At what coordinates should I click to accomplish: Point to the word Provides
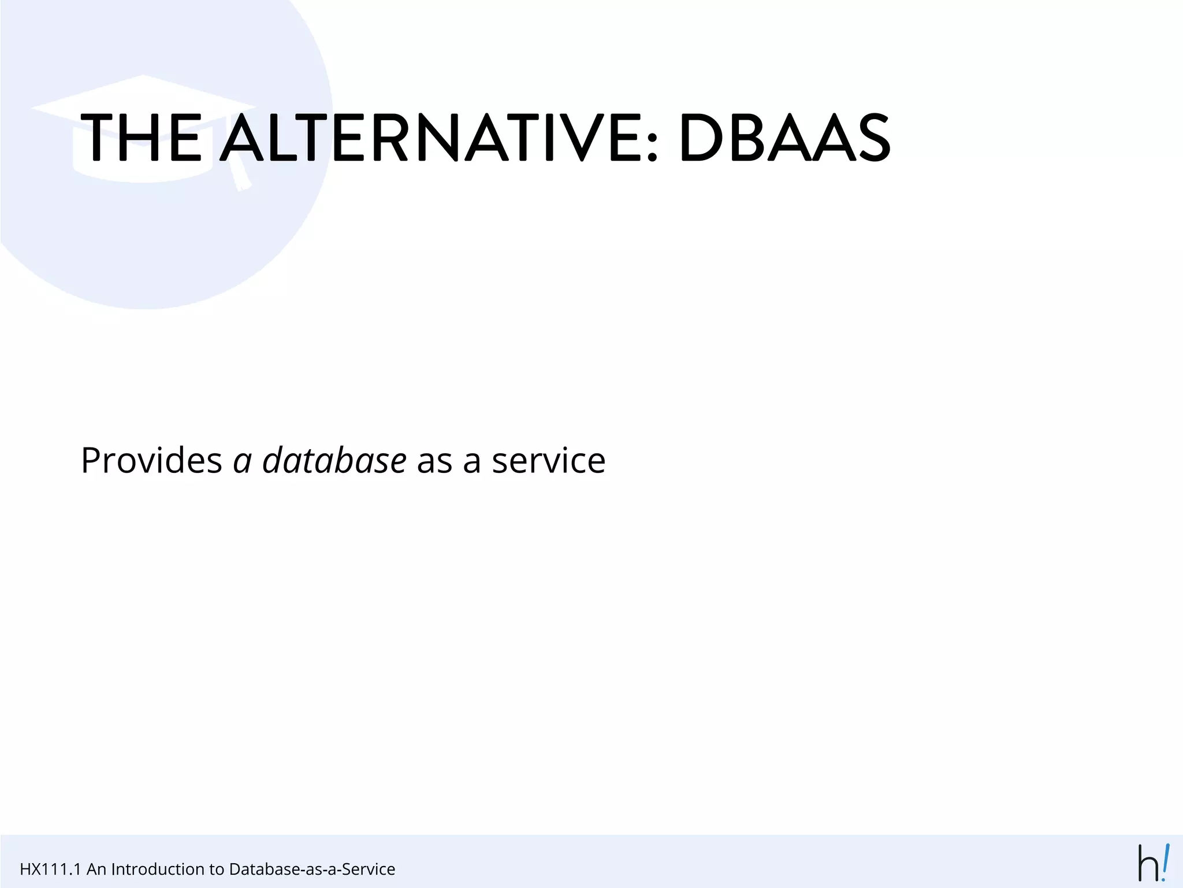tap(151, 461)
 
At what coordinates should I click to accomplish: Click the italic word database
tap(334, 461)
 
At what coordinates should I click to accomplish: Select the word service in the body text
tap(548, 461)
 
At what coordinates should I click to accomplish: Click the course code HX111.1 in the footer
tap(50, 869)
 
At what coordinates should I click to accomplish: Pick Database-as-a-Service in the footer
tap(312, 869)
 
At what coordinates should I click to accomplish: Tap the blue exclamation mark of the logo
tap(1166, 861)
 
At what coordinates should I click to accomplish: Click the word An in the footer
tap(96, 869)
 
